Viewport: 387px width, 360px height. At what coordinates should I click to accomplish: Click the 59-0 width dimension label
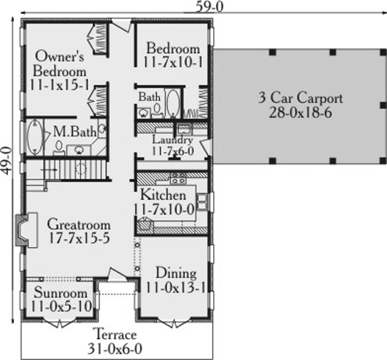[x=209, y=7]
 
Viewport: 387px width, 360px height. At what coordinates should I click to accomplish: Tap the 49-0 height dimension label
[x=7, y=161]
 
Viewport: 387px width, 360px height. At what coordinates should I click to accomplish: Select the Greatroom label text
[x=79, y=224]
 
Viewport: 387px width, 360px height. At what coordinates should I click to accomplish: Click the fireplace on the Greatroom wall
[x=26, y=230]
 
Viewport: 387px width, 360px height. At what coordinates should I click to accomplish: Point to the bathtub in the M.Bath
[x=35, y=137]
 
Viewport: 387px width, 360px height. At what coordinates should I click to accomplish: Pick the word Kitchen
[x=163, y=195]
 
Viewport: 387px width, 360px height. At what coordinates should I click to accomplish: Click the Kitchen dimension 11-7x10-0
[x=164, y=210]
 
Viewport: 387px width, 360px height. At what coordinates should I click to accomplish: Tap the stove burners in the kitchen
[x=178, y=178]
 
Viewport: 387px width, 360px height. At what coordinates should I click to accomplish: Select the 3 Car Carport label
[x=300, y=98]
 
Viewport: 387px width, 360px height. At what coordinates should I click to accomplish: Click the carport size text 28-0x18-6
[x=300, y=113]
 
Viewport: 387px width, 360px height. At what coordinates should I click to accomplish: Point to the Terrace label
[x=116, y=335]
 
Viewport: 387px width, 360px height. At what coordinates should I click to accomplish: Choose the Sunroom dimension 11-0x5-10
[x=61, y=306]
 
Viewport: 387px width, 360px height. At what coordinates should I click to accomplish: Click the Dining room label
[x=176, y=273]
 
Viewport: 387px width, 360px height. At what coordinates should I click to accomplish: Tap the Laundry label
[x=172, y=140]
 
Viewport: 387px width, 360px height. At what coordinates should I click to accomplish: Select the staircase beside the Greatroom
[x=66, y=170]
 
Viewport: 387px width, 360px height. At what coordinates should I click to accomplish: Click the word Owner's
[x=60, y=56]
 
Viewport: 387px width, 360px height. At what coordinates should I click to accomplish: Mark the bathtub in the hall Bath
[x=172, y=103]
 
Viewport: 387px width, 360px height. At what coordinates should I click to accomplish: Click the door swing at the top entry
[x=121, y=25]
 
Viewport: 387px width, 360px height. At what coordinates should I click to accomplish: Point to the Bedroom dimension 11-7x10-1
[x=172, y=62]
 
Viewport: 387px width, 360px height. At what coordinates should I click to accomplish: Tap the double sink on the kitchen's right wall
[x=202, y=202]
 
